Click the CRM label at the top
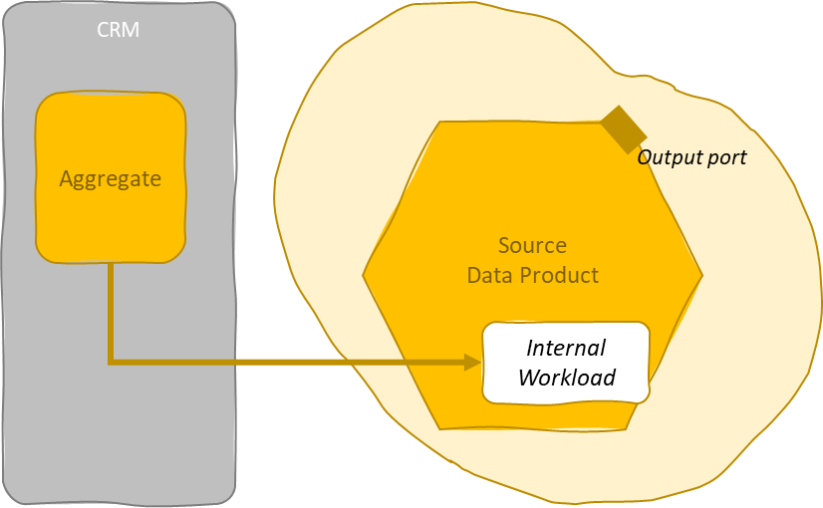118,30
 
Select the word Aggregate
110,179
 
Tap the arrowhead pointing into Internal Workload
473,362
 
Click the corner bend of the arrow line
111,361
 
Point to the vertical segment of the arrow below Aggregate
111,309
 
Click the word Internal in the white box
566,348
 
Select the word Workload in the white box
566,378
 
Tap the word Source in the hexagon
532,245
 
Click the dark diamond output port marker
624,129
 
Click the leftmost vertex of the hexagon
364,273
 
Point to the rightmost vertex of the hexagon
702,275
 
